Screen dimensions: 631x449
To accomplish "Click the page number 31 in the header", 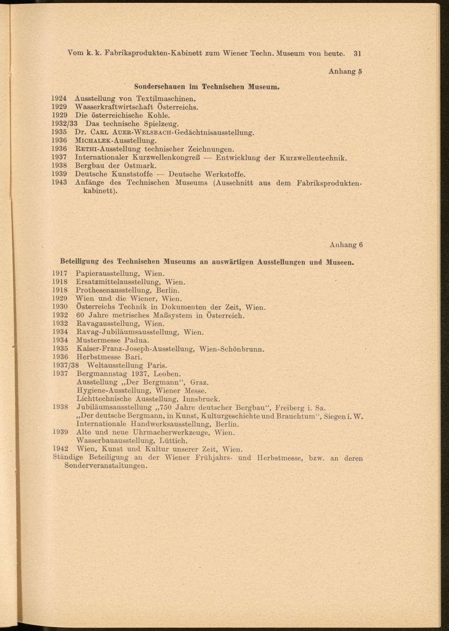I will (x=357, y=53).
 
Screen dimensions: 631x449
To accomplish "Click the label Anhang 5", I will (x=345, y=71).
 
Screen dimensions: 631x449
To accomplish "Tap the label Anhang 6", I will (x=346, y=245).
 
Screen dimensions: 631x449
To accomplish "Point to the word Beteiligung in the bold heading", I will (x=79, y=261).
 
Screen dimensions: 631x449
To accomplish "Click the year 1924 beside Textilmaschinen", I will (x=59, y=98).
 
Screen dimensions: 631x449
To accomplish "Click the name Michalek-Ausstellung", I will (x=115, y=141).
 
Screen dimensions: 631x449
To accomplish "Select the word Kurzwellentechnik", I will (x=313, y=158).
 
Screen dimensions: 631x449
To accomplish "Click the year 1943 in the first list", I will (x=59, y=182).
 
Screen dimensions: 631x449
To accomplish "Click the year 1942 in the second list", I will (x=60, y=449).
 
